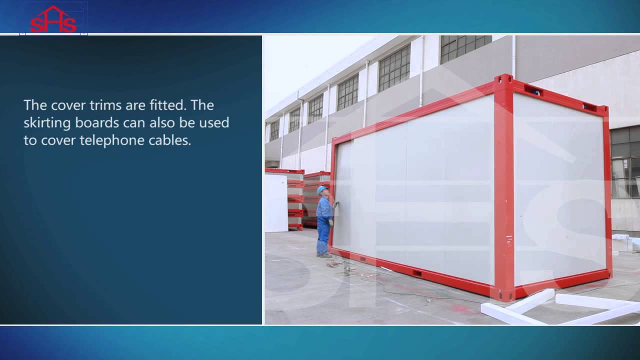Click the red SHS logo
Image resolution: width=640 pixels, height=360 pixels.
(x=53, y=20)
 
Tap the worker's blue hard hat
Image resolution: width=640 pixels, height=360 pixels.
(x=321, y=190)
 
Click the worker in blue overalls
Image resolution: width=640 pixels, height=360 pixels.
(x=324, y=220)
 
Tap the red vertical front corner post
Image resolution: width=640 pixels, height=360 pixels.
(x=504, y=190)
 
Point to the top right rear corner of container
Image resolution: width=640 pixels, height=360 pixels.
(x=604, y=108)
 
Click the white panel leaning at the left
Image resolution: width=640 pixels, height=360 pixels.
(x=275, y=202)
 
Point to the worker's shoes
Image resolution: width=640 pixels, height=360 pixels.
(x=324, y=255)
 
